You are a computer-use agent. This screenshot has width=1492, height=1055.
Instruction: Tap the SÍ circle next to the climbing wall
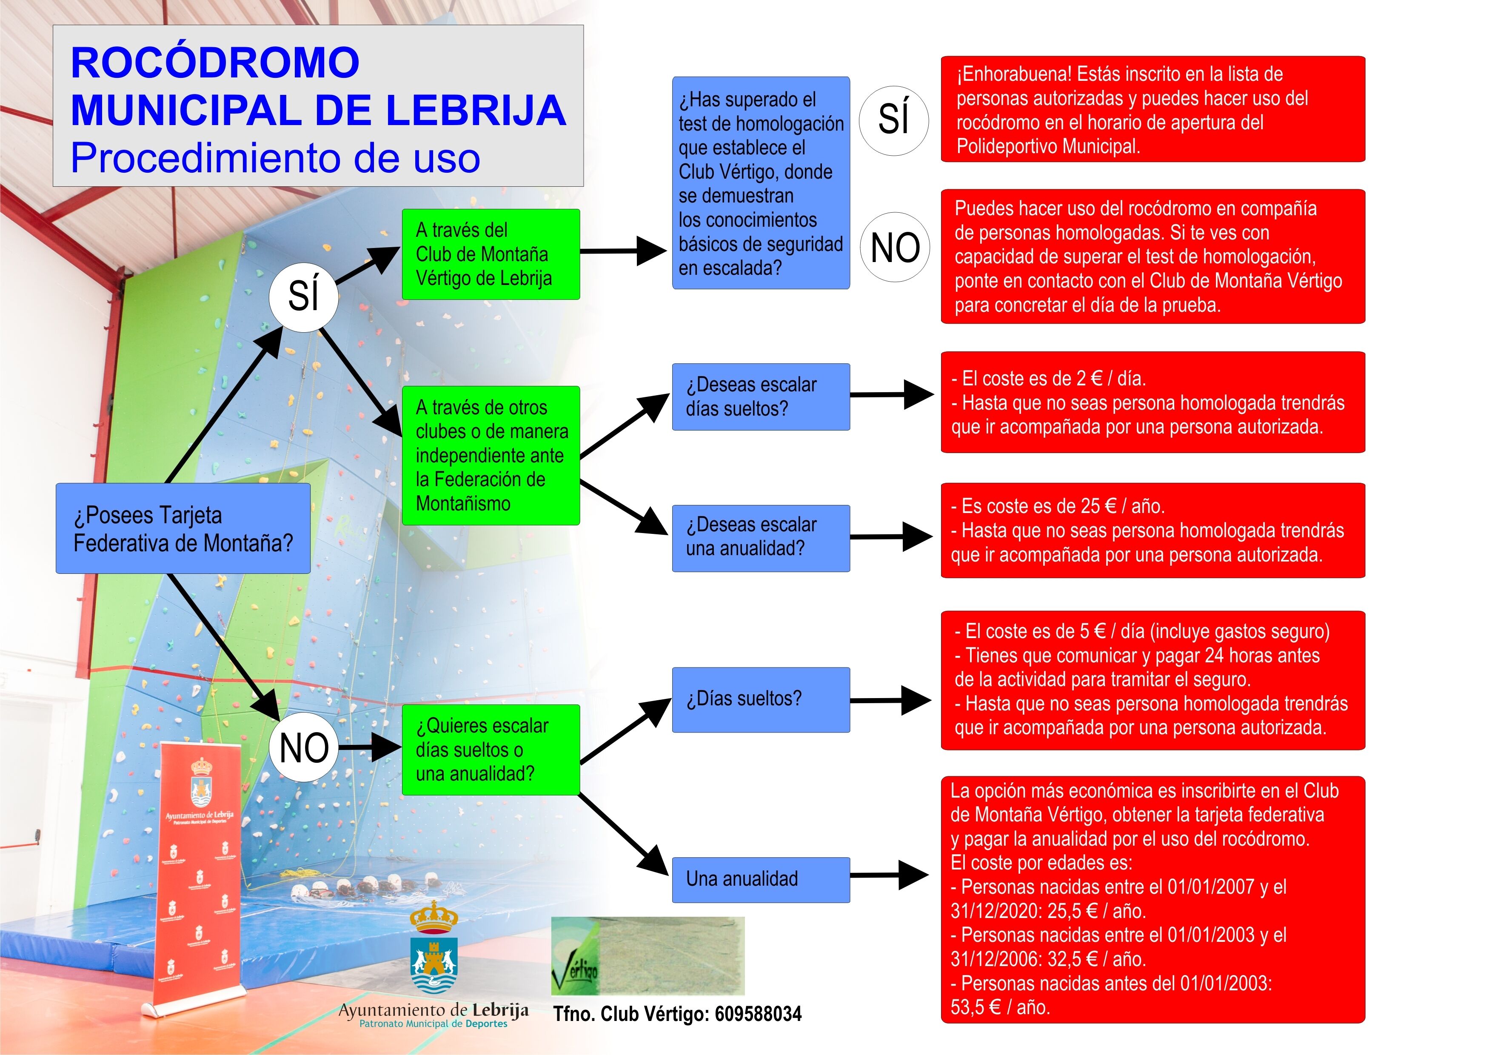303,296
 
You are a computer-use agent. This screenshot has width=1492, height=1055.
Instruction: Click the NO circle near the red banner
303,748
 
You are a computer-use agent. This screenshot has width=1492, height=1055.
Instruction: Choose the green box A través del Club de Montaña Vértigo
490,254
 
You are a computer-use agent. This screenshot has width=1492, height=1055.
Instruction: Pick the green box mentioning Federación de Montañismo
490,455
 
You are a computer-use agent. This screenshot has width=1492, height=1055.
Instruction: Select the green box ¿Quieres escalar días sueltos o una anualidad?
490,750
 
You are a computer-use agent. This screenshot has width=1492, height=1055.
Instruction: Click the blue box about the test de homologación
760,183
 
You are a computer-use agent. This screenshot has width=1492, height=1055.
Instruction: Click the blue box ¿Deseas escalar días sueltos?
760,397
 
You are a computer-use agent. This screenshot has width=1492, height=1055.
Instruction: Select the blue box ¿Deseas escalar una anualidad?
760,538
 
